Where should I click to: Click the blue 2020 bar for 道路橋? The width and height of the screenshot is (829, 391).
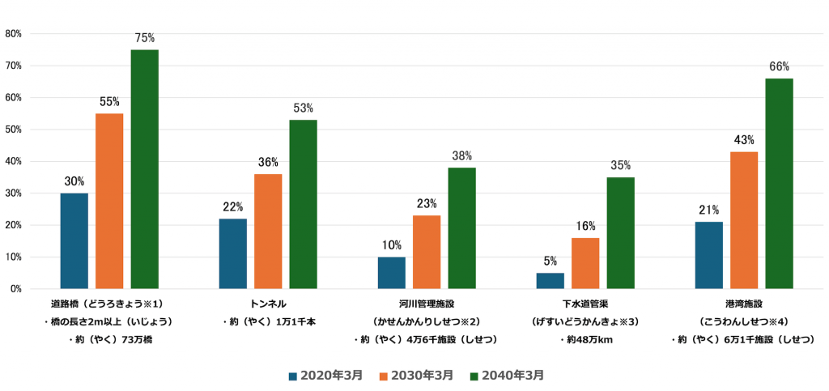click(74, 240)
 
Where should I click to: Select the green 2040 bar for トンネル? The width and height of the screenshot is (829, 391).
click(303, 204)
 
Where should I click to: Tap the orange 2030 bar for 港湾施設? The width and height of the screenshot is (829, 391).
click(744, 220)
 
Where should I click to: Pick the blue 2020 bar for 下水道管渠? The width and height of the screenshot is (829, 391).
click(550, 280)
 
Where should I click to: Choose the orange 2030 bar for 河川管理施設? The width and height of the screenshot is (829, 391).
click(427, 252)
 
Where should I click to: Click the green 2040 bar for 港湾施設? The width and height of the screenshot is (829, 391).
click(779, 184)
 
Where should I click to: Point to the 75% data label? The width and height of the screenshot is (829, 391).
click(144, 37)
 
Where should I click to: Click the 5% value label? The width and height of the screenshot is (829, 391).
click(550, 261)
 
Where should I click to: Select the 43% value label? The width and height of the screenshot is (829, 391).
click(744, 139)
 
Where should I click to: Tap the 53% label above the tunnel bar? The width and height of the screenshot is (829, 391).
click(303, 108)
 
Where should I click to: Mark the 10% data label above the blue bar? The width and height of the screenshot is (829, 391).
click(392, 244)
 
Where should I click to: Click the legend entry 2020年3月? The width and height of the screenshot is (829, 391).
click(325, 376)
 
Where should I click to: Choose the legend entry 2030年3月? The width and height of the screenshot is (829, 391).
click(419, 376)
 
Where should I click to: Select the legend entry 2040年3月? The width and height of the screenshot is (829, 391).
click(512, 376)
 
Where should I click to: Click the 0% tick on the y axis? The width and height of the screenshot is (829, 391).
click(15, 289)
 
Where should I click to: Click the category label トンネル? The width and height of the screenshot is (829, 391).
click(268, 303)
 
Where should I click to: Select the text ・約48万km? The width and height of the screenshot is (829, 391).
click(585, 339)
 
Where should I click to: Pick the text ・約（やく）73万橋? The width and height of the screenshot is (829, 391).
click(109, 339)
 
